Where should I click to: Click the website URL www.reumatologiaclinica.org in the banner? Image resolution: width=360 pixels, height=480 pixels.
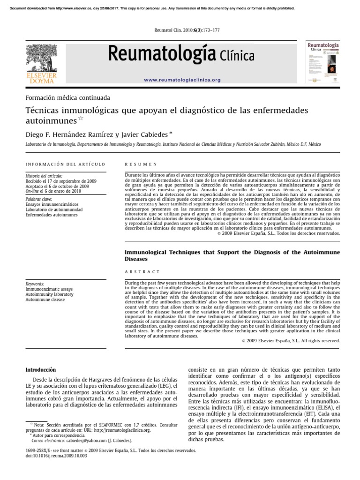(182, 80)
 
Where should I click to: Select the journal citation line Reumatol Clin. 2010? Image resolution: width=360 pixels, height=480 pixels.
(180, 30)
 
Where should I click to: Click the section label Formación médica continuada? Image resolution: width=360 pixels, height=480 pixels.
(67, 98)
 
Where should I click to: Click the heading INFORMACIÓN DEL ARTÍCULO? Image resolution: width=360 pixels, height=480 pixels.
(65, 164)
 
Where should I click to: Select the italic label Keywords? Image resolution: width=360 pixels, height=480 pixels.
(35, 284)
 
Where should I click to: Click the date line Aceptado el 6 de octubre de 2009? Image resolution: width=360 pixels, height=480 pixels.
(57, 186)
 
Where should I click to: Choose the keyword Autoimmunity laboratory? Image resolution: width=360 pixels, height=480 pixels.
(49, 294)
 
